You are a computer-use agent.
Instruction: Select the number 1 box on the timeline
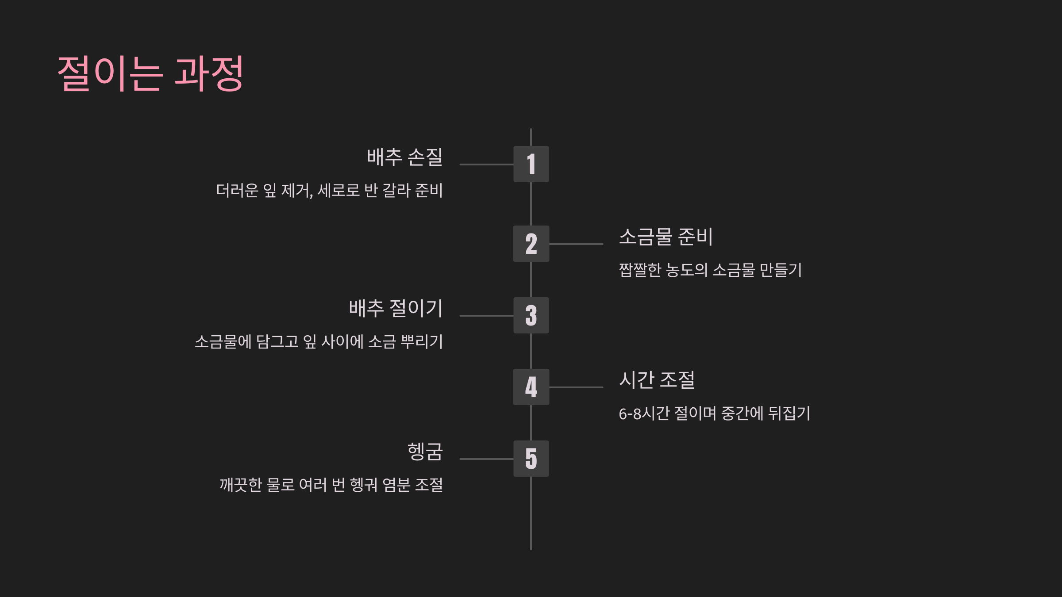[531, 164]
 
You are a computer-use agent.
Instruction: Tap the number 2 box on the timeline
[531, 244]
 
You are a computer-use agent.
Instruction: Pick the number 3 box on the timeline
[531, 315]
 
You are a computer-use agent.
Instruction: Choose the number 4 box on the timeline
[531, 387]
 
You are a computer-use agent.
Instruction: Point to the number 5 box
[531, 459]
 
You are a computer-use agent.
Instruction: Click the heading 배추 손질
[404, 157]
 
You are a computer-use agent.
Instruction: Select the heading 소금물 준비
[666, 237]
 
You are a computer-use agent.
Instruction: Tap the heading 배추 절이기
[396, 308]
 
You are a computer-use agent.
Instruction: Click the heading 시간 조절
[657, 380]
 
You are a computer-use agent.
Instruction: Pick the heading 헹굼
[425, 452]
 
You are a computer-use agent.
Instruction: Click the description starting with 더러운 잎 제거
[329, 191]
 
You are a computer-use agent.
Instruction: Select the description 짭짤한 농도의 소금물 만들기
[710, 270]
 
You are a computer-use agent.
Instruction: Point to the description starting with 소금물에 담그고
[319, 341]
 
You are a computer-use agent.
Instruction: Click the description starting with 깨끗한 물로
[331, 485]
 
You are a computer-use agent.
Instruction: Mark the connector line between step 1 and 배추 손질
[486, 165]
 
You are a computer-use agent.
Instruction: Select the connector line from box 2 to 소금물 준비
[576, 244]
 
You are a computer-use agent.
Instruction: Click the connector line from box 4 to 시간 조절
[576, 387]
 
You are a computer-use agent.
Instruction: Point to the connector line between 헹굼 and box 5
[486, 459]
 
